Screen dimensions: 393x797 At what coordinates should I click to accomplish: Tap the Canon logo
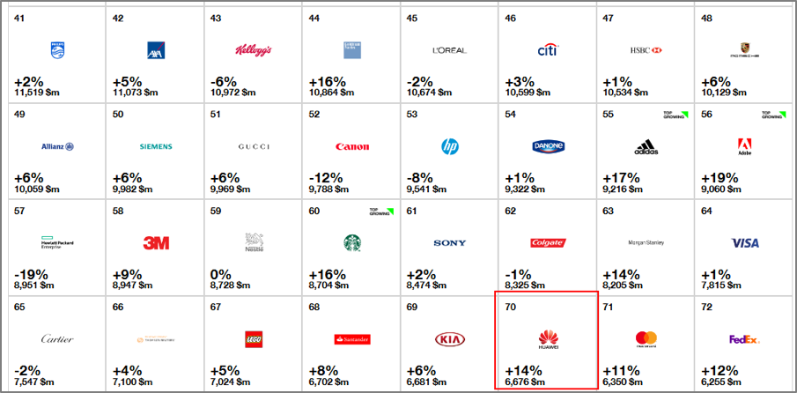352,146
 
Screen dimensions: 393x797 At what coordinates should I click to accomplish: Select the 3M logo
156,242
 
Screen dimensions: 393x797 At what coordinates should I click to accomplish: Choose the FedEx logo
744,338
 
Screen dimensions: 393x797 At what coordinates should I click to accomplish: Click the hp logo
450,145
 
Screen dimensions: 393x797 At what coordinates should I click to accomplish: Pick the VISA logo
744,242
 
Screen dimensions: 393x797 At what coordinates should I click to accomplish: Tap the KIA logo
449,338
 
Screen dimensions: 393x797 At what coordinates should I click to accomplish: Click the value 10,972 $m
232,93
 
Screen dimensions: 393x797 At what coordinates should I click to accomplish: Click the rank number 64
707,211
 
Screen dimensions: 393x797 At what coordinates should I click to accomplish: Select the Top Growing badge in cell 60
378,212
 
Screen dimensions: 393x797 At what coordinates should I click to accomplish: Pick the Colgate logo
548,242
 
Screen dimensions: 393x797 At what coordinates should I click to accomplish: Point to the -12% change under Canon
326,177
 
